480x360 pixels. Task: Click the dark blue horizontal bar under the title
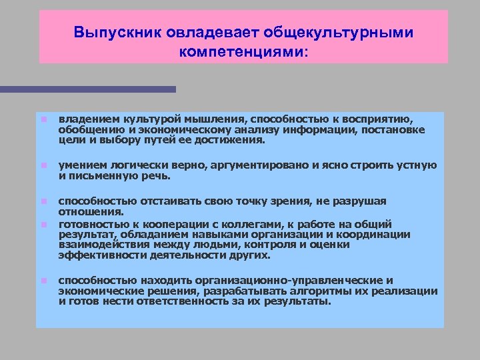click(x=87, y=89)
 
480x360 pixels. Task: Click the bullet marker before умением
click(x=41, y=165)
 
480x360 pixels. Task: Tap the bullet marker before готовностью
click(x=41, y=225)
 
